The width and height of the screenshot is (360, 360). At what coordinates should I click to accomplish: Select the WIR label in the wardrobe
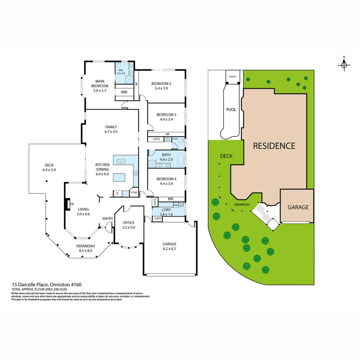point(124,92)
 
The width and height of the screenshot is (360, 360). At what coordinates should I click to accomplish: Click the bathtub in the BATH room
point(181,159)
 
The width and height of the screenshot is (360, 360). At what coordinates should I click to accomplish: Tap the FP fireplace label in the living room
point(72,204)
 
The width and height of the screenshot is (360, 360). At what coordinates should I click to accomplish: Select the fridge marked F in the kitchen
point(117,193)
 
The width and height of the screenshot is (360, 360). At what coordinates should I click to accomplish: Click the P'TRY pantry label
point(134,193)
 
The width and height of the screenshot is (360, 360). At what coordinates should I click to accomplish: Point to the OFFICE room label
point(128,223)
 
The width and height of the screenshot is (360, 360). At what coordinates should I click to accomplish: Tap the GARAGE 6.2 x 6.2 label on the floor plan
point(169,246)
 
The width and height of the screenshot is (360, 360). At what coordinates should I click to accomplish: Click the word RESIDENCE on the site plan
point(274,146)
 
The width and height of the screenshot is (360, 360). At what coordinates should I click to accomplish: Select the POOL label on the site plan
point(231,110)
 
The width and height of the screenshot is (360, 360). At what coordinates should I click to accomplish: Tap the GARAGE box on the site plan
point(298,207)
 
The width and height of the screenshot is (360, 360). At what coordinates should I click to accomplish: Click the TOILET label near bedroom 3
point(175,139)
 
